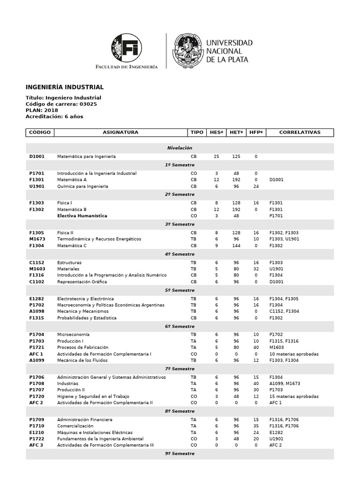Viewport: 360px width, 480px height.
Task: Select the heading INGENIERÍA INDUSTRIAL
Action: [64, 87]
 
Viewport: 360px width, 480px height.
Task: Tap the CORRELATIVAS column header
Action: [300, 133]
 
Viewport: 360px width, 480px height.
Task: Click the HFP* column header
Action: [256, 133]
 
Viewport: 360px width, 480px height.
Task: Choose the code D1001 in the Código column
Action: [37, 156]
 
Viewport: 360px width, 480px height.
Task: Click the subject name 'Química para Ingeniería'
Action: [82, 186]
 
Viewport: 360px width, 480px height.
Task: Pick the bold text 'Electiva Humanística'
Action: [82, 216]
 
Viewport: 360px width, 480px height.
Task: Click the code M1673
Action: [37, 239]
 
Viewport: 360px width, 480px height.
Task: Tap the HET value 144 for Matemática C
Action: [236, 245]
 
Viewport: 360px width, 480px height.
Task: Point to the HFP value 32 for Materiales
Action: [255, 269]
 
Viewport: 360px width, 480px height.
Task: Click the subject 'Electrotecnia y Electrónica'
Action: [85, 299]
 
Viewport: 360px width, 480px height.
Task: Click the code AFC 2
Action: [36, 403]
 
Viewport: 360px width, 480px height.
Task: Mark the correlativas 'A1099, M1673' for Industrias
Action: [286, 383]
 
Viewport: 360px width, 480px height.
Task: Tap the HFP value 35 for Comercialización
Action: [255, 426]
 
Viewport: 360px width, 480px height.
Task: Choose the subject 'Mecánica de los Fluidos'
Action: [82, 360]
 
